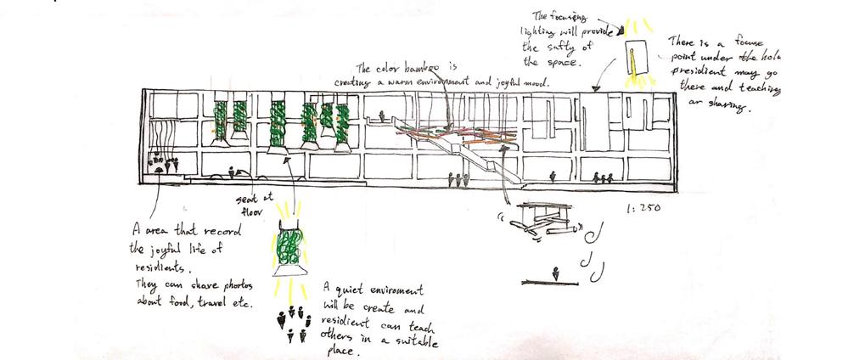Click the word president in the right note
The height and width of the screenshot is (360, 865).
tap(698, 72)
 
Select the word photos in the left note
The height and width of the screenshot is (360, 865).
tap(217, 288)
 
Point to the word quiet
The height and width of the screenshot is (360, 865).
tap(350, 289)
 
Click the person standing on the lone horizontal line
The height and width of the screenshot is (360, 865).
tap(555, 273)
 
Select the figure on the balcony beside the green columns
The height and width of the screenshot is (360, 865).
tap(385, 115)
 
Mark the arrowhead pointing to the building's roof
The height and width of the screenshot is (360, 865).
tap(596, 87)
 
